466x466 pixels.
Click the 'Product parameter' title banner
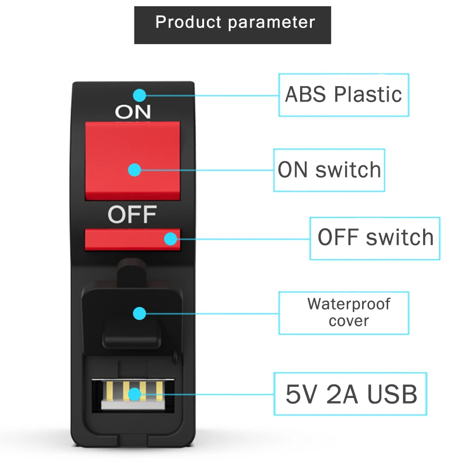(x=233, y=25)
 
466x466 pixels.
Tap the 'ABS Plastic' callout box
(x=343, y=95)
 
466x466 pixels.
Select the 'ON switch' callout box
(x=329, y=170)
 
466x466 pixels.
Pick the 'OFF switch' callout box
(x=375, y=238)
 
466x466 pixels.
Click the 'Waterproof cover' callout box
(x=343, y=313)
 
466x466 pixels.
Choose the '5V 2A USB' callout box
(x=350, y=394)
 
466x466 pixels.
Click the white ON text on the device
(x=133, y=111)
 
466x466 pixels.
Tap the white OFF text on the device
(x=132, y=214)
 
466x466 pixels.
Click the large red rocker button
(x=132, y=161)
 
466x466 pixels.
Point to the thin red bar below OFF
(x=132, y=240)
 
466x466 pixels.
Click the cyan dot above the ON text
(x=139, y=96)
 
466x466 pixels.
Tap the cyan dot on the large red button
(x=134, y=170)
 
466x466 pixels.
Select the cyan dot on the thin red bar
(x=171, y=239)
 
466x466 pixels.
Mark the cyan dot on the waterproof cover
(x=139, y=314)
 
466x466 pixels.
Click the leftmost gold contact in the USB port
(x=110, y=391)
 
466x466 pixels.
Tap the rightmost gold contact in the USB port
(x=159, y=391)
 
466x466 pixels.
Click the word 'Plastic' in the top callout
(x=368, y=94)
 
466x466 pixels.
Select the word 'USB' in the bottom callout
(x=392, y=394)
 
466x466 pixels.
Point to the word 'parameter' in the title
(x=271, y=23)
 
